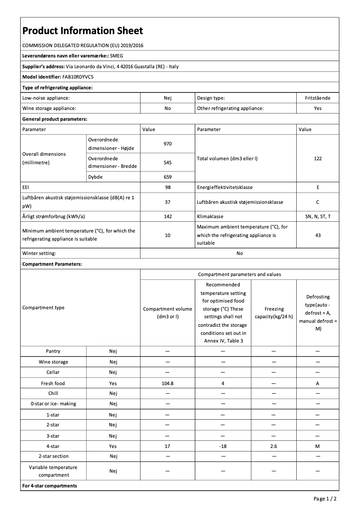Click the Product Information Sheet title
(83, 31)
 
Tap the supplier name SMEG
(116, 56)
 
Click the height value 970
(167, 144)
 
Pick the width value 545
(167, 162)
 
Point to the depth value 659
(167, 177)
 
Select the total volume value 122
(317, 158)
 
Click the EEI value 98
(167, 187)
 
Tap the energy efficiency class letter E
(317, 187)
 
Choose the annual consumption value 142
(167, 216)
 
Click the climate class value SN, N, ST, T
(317, 216)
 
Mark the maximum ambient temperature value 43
(317, 235)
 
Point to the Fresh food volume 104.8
(167, 383)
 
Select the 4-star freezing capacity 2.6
(273, 446)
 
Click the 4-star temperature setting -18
(223, 446)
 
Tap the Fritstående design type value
(317, 97)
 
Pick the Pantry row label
(53, 351)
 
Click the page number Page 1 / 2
(325, 498)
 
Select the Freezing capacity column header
(273, 312)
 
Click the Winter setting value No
(240, 253)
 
